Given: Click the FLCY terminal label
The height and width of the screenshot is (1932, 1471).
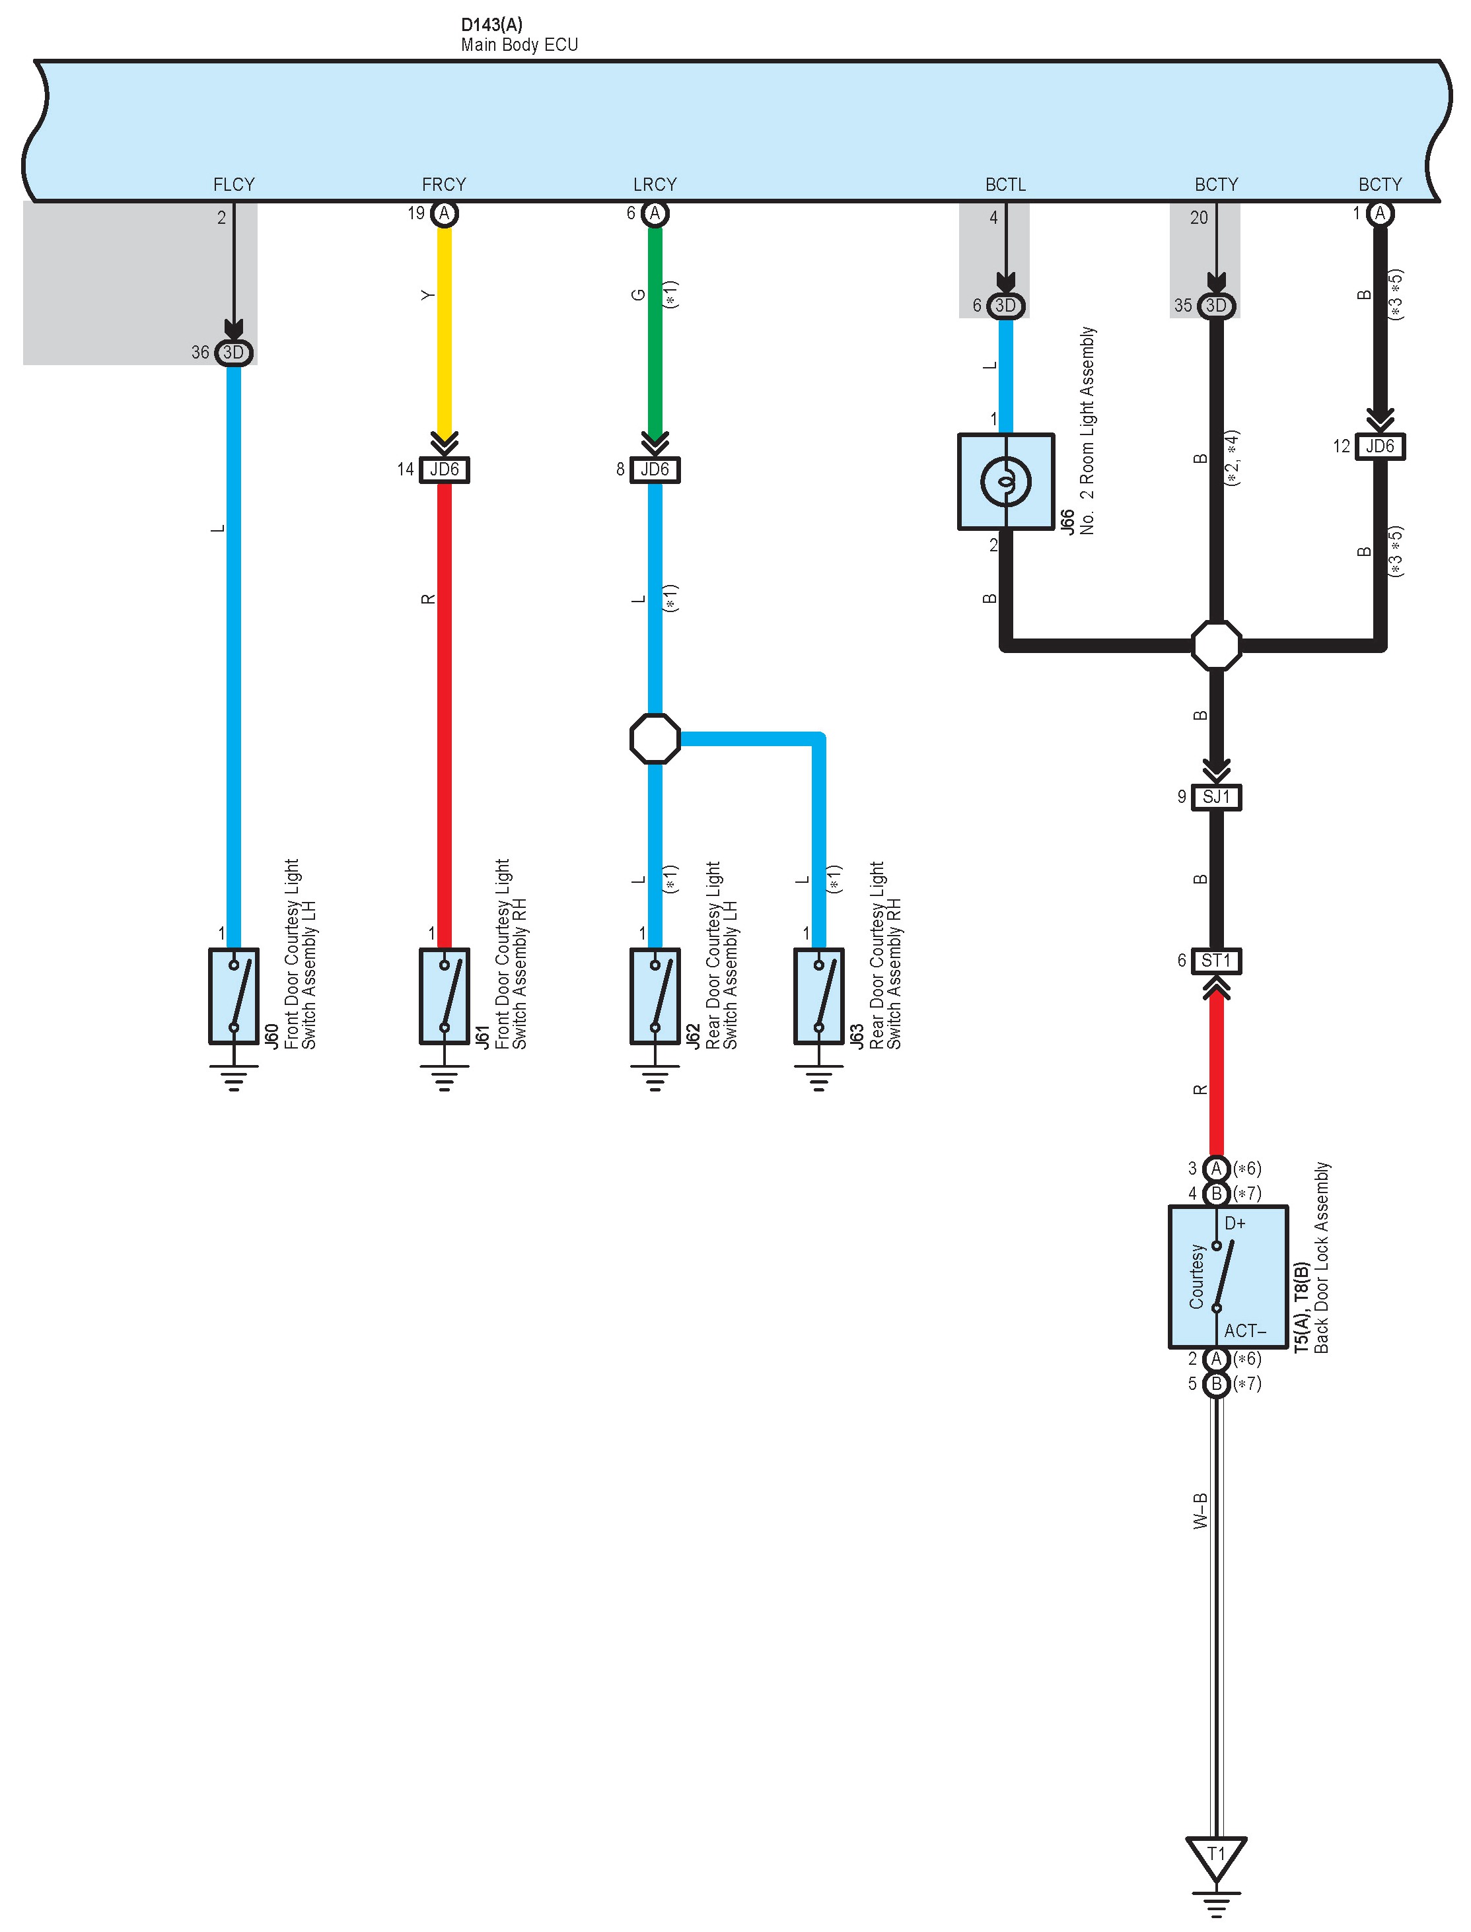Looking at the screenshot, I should [x=234, y=185].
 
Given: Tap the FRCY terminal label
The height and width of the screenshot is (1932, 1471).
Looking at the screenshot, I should [x=444, y=185].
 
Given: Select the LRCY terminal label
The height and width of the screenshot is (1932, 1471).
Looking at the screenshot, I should [x=655, y=185].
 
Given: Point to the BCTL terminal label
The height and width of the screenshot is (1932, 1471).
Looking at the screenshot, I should [x=1005, y=185].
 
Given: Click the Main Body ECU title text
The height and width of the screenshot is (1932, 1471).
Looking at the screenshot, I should [x=519, y=45].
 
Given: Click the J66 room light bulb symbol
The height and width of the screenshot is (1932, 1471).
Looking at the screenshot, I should [x=1005, y=481].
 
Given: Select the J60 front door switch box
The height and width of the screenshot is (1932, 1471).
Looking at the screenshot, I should [x=234, y=996].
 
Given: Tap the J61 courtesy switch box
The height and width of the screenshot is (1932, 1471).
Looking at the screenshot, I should [x=444, y=996].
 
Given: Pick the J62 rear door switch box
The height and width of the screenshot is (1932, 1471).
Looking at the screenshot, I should [x=655, y=996].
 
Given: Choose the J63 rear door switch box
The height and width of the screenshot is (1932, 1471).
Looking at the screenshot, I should [x=818, y=996].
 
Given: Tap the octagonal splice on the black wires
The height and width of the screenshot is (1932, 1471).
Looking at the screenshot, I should [x=1216, y=646].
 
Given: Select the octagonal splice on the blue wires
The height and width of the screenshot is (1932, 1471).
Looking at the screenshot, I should [x=655, y=739].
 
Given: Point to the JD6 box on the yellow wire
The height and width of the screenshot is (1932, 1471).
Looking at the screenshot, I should [x=444, y=470].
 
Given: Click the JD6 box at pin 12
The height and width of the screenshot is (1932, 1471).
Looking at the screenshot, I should [x=1380, y=446].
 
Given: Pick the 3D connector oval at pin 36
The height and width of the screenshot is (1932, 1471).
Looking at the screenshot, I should [x=234, y=353].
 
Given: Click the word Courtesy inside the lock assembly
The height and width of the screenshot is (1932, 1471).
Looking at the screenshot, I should [x=1196, y=1276].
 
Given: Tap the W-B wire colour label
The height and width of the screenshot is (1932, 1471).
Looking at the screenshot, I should [x=1200, y=1511].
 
